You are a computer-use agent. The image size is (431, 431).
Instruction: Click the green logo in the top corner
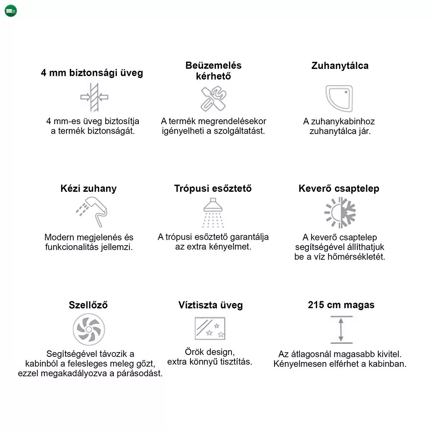[11, 11]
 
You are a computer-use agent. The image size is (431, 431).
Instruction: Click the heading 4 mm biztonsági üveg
[92, 73]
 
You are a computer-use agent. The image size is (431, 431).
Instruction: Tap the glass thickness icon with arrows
[94, 97]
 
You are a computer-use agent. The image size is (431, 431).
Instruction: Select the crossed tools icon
[213, 99]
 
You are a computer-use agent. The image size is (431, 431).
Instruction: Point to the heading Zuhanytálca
[340, 66]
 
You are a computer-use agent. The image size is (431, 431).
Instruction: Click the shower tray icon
[339, 98]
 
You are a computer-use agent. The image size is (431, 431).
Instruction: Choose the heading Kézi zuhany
[88, 189]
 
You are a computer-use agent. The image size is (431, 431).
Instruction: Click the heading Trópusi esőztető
[213, 189]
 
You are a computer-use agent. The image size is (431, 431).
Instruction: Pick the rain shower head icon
[213, 212]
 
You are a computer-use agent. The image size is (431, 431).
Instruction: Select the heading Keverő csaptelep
[339, 189]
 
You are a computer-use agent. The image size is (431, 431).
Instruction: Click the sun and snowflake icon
[340, 212]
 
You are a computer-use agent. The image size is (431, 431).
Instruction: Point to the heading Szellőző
[88, 305]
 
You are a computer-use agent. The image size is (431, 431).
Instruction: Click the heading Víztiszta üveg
[211, 305]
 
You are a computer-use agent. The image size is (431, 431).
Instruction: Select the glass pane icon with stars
[210, 328]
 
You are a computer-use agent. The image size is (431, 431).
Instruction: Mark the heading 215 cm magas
[341, 305]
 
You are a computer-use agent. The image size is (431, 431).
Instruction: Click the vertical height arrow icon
[341, 330]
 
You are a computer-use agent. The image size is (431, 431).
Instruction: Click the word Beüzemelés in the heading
[213, 66]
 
